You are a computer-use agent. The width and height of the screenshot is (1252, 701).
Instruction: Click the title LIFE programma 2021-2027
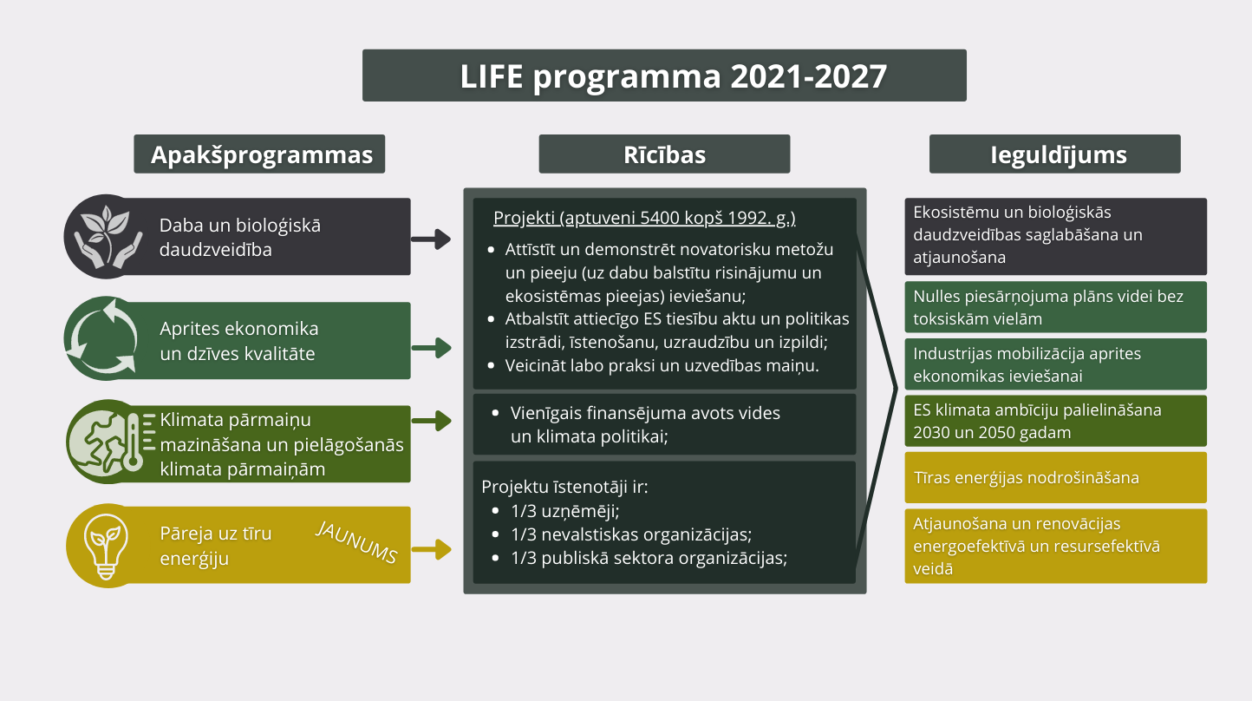click(x=673, y=76)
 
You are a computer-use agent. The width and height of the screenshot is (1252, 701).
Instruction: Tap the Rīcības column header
click(x=664, y=154)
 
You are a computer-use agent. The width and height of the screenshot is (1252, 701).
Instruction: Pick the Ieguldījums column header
click(x=1055, y=154)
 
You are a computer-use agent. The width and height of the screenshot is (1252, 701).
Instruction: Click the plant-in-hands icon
click(x=108, y=237)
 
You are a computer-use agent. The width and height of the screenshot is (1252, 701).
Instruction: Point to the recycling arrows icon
click(x=102, y=337)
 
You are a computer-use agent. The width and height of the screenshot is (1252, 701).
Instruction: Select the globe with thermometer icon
click(x=111, y=442)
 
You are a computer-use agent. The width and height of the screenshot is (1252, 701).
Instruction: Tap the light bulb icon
click(x=106, y=546)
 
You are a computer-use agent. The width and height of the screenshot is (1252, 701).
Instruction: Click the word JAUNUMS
click(x=356, y=542)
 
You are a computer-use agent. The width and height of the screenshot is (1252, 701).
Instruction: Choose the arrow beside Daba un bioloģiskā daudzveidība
click(x=431, y=239)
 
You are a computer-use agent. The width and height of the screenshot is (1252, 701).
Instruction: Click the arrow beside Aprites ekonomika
click(x=431, y=347)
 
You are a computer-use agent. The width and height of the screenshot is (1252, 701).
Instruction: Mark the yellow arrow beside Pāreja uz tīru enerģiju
click(x=431, y=549)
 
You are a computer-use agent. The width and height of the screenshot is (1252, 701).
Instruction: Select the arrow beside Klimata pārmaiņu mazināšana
click(x=431, y=421)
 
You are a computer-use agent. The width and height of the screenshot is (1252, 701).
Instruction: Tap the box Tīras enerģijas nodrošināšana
click(x=1056, y=478)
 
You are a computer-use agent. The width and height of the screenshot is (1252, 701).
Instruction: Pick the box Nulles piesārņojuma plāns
click(x=1056, y=307)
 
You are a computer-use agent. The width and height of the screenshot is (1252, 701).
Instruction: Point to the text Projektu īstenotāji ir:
click(x=564, y=487)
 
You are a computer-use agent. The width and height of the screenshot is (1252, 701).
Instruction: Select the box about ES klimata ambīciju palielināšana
click(x=1056, y=421)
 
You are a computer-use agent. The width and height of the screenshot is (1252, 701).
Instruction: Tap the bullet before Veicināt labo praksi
click(x=492, y=366)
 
